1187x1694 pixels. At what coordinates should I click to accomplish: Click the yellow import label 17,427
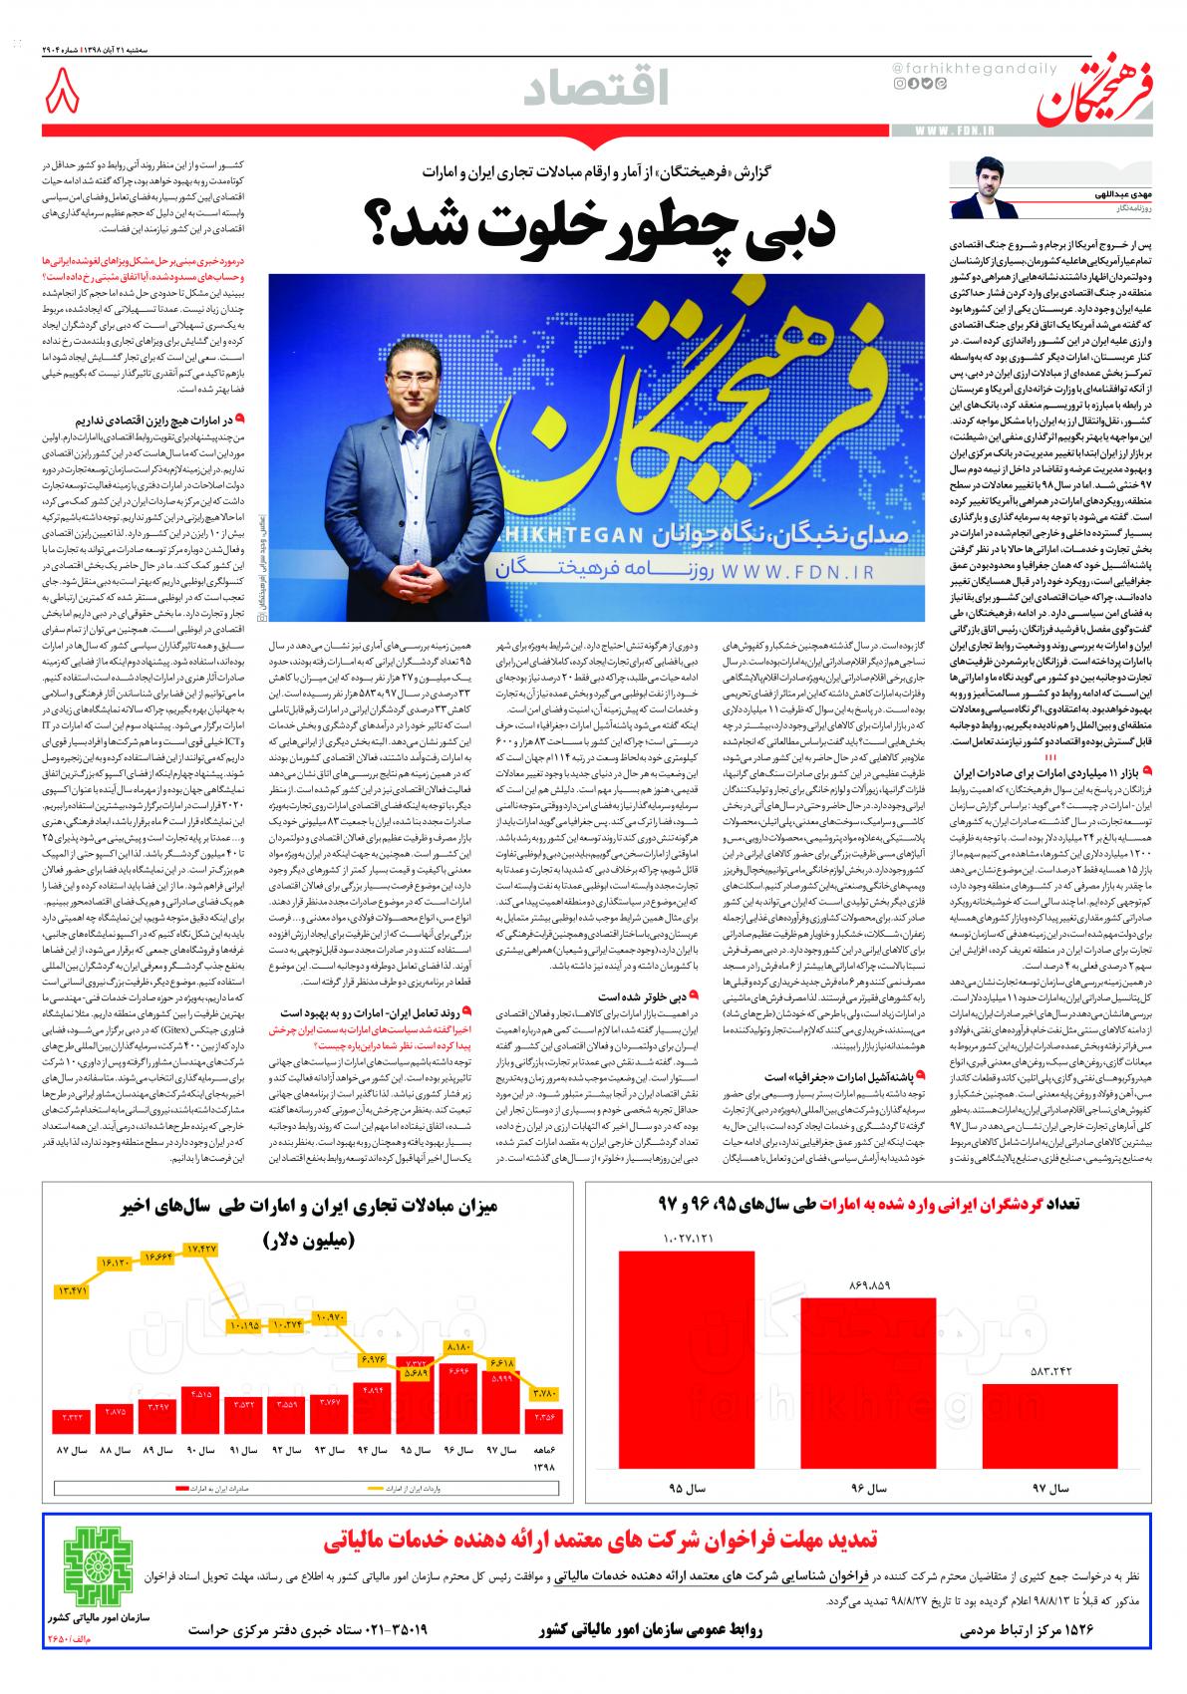point(203,1249)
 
